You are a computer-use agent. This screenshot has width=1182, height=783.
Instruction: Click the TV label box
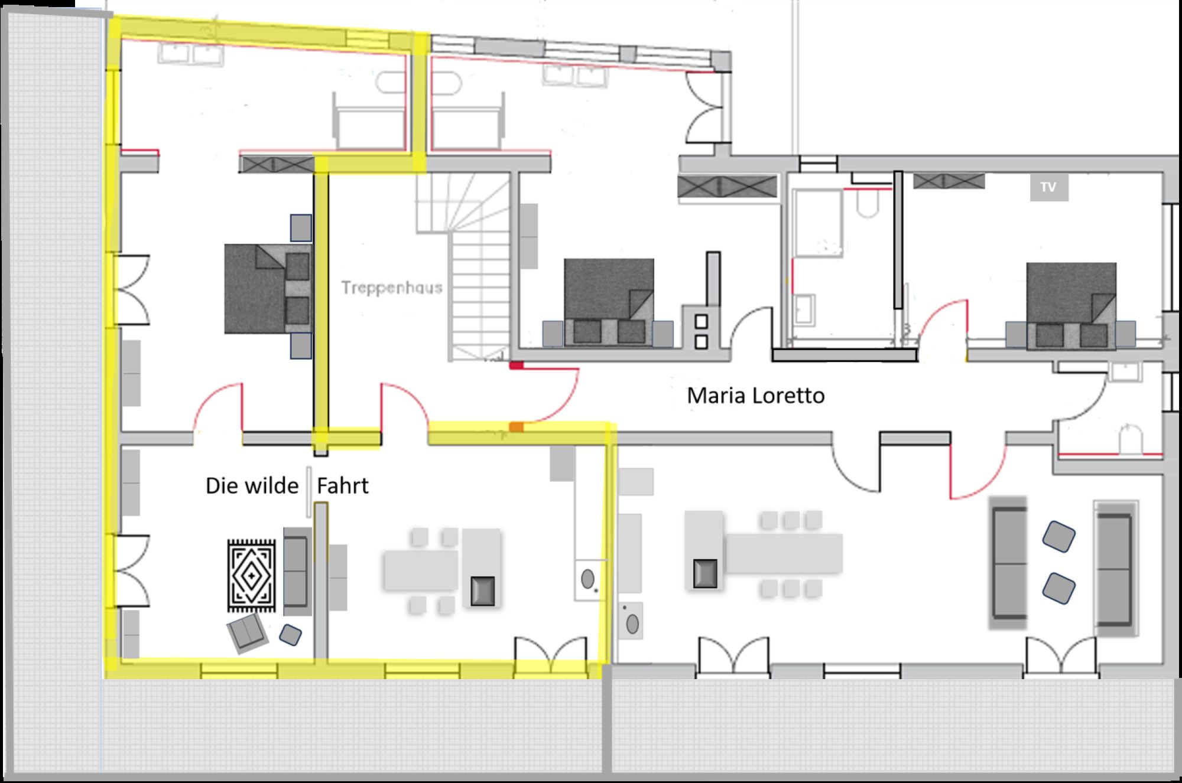pos(1049,187)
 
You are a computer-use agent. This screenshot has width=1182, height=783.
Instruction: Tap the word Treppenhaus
pos(392,288)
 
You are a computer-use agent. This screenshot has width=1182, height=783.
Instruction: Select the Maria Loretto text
pos(755,395)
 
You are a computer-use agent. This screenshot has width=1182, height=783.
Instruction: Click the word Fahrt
pos(343,485)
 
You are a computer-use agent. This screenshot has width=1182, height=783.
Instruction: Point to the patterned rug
pos(252,575)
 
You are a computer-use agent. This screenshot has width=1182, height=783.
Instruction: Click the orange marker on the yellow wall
pos(516,426)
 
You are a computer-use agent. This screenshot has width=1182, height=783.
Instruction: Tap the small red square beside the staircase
pos(517,366)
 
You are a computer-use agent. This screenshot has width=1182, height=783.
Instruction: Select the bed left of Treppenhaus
pos(268,289)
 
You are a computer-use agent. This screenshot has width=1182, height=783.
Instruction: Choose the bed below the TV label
pos(1071,306)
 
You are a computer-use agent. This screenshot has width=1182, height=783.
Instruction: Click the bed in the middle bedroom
pos(609,302)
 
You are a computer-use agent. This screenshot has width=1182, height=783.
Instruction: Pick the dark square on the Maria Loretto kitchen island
pos(705,573)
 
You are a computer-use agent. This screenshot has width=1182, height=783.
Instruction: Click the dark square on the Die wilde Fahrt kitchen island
pos(482,591)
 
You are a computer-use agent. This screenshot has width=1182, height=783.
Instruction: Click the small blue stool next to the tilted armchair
pos(290,635)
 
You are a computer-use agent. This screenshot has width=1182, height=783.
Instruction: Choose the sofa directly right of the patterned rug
pos(297,572)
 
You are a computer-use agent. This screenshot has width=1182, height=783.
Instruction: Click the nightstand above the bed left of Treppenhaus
pos(301,227)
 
